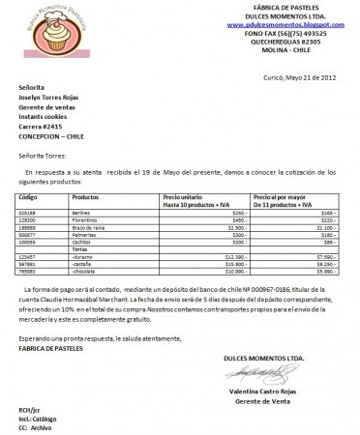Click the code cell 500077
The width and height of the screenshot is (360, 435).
[28, 232]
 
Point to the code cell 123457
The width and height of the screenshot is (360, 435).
[28, 256]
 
